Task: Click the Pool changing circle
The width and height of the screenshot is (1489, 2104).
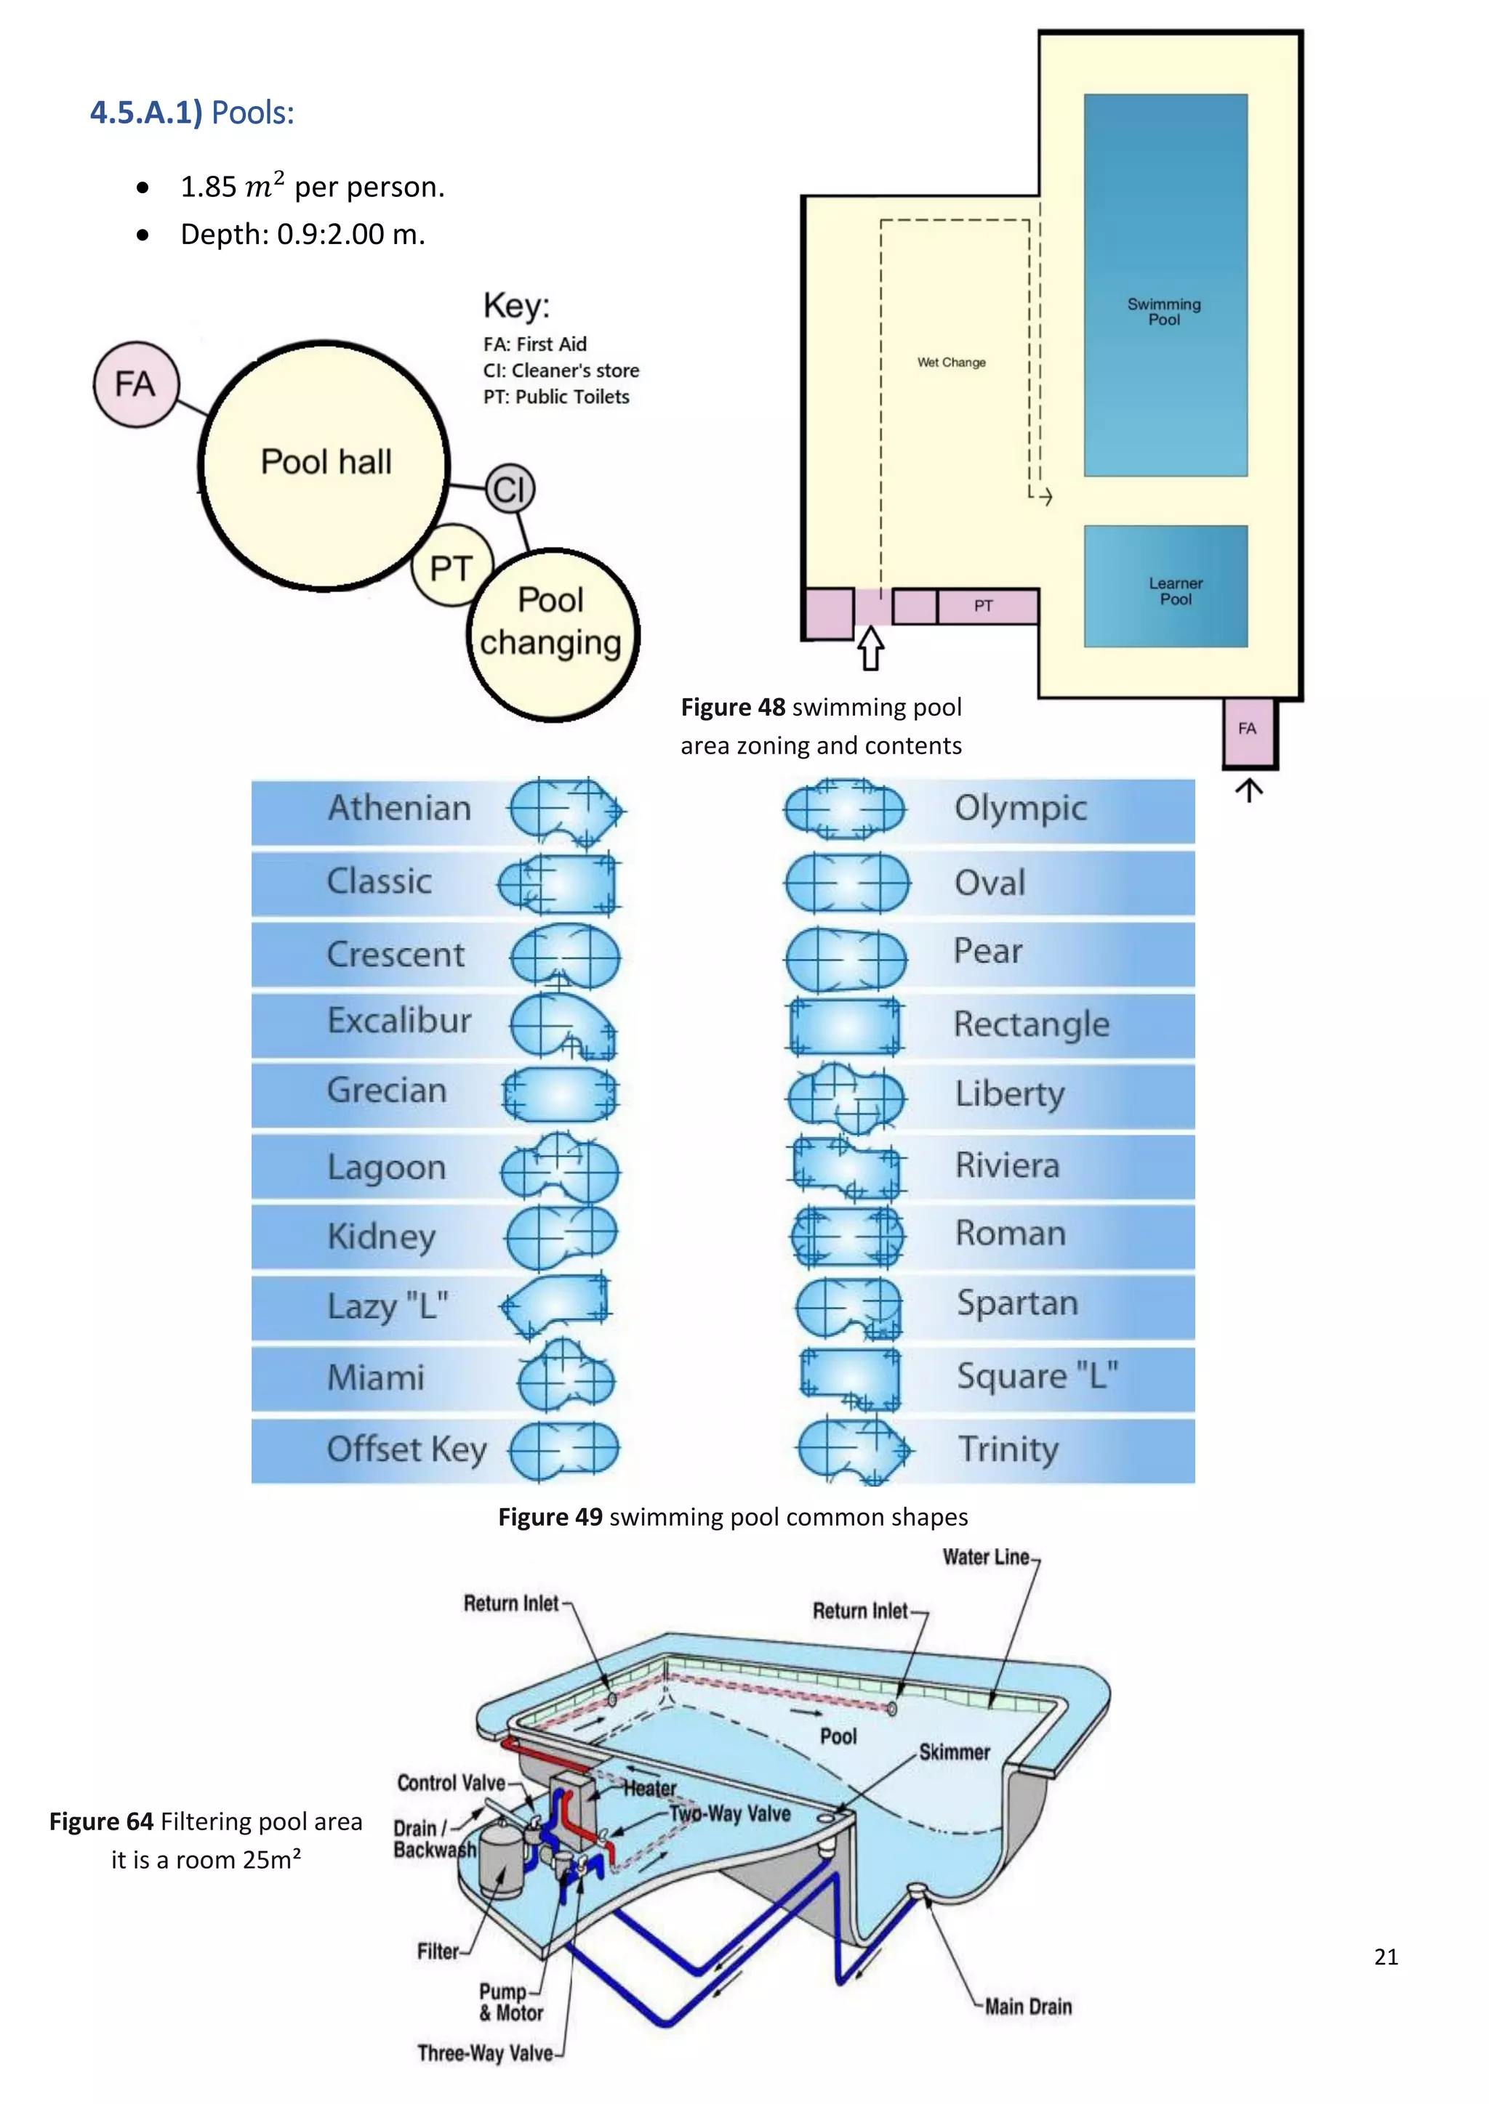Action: (x=552, y=634)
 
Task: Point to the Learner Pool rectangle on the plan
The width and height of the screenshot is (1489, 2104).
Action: (x=1165, y=586)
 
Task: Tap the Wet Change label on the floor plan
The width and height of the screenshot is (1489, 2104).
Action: (x=952, y=363)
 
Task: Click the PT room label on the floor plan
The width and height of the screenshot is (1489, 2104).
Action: (x=983, y=606)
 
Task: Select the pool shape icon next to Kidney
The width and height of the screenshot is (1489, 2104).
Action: (x=561, y=1237)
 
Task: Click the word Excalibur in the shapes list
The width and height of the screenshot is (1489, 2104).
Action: (x=399, y=1020)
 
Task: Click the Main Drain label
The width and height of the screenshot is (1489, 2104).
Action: (x=1028, y=2007)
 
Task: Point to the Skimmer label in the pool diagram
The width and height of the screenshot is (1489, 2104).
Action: (x=954, y=1752)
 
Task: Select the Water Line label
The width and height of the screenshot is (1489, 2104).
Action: (x=986, y=1557)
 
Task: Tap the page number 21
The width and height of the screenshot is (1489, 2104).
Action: (x=1385, y=1957)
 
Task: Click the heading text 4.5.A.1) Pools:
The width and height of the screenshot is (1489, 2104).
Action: (x=192, y=113)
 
